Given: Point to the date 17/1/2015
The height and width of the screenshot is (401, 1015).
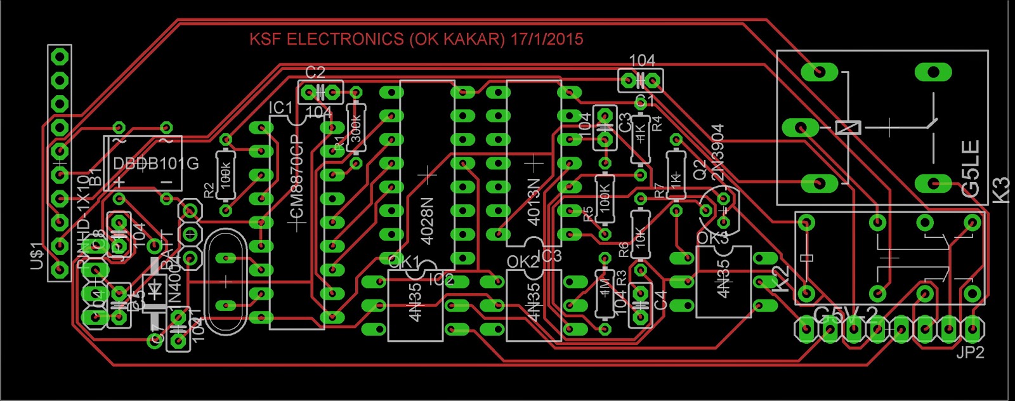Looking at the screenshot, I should click(x=546, y=39).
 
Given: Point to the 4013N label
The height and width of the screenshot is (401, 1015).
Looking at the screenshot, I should click(x=534, y=202).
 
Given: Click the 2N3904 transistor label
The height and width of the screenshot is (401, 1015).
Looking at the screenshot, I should click(x=717, y=152).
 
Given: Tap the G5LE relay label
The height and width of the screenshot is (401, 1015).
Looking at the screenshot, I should click(x=971, y=168).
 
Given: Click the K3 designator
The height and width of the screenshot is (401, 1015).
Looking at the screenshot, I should click(x=1000, y=190).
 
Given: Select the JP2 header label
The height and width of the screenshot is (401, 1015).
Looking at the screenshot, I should click(x=970, y=353).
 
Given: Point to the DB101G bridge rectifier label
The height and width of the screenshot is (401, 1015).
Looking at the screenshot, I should click(x=156, y=164).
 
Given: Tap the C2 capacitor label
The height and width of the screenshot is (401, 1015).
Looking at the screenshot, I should click(x=315, y=72).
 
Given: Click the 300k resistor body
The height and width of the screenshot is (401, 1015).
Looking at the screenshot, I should click(x=356, y=128).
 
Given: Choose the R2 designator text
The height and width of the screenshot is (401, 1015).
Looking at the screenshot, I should click(x=209, y=190).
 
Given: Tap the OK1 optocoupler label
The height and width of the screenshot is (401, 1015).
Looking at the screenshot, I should click(x=403, y=261).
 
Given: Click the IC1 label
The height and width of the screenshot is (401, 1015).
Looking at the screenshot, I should click(x=280, y=108).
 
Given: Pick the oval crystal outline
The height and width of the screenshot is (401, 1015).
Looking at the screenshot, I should click(x=226, y=281).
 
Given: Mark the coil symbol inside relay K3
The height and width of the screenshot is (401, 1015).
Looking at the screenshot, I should click(x=848, y=128).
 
